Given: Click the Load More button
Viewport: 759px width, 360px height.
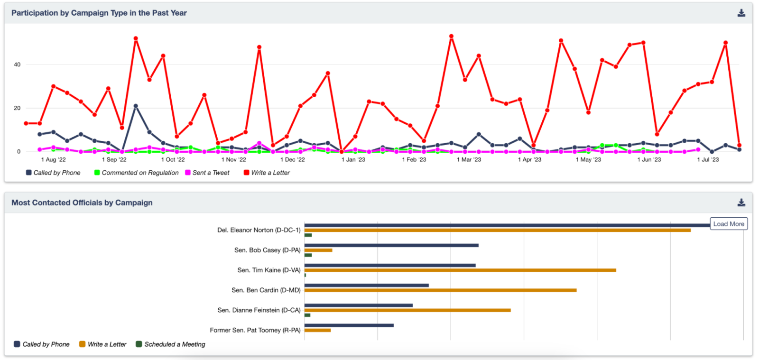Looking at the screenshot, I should (728, 224).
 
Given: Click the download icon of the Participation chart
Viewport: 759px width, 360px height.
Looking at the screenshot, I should (741, 13).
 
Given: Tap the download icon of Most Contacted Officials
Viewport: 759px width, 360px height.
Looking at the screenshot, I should (741, 203).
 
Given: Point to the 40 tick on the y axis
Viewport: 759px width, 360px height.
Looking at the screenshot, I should (17, 65).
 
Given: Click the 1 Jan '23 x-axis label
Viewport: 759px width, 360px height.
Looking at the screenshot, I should (353, 160).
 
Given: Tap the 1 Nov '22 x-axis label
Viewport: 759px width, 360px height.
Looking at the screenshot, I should (234, 160).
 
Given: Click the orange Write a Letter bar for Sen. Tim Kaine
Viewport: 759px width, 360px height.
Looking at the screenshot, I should (460, 270).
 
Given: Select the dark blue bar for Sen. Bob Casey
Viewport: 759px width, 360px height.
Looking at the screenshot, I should (391, 245).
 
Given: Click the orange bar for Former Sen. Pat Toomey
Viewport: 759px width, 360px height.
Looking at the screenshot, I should (317, 330).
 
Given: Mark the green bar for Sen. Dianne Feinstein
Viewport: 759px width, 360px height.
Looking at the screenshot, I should (307, 315).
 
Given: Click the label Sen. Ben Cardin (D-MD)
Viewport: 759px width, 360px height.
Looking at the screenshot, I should (266, 290).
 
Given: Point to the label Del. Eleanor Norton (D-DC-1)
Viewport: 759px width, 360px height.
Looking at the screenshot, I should (259, 230).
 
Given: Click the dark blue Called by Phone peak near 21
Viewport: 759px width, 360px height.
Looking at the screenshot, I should (136, 106).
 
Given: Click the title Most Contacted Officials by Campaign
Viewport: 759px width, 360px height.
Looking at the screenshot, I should (82, 203).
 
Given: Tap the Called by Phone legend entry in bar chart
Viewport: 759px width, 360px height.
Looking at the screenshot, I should (46, 344).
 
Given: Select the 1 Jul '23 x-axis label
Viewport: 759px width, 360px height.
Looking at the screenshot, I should (708, 160).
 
